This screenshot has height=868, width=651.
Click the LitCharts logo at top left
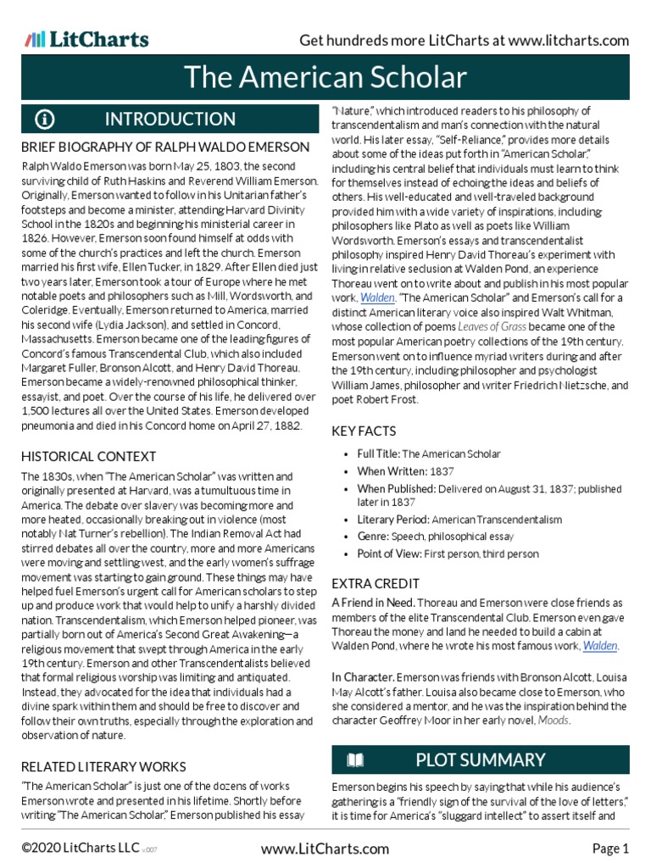tap(86, 39)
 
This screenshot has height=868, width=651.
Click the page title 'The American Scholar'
tap(325, 78)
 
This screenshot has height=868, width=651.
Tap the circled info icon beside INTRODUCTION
tap(45, 119)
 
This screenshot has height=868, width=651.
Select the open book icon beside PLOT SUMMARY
tap(355, 759)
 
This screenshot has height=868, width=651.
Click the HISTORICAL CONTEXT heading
tap(88, 456)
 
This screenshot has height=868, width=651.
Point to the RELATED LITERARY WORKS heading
tap(103, 766)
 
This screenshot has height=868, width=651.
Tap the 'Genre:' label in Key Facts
tap(372, 537)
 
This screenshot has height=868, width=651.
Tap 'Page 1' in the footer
tap(610, 849)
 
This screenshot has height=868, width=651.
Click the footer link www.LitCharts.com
tap(325, 849)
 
